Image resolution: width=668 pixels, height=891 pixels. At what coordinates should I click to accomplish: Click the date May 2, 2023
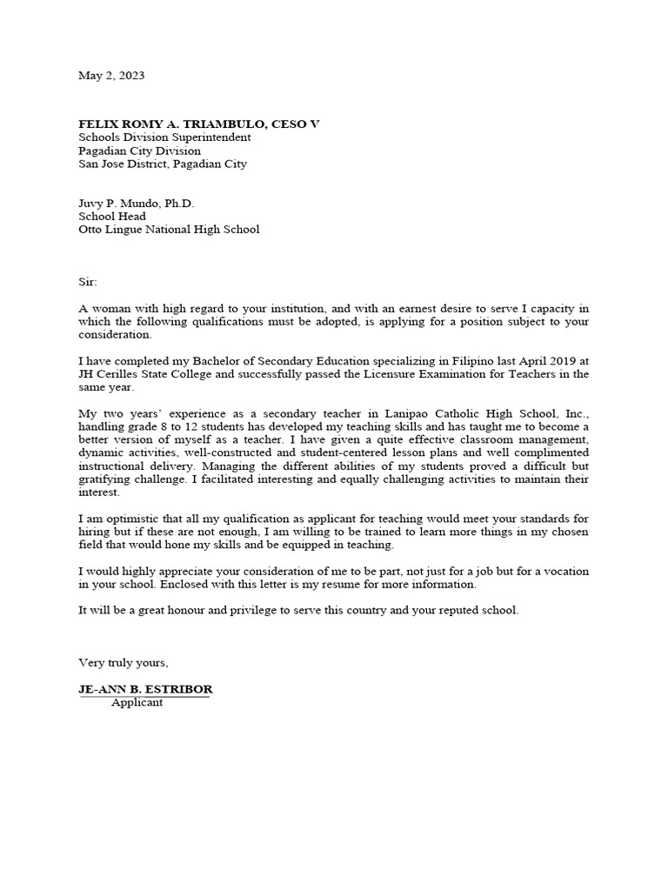coord(111,76)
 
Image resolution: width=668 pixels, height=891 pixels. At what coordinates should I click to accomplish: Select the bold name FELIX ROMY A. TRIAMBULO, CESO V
coord(199,124)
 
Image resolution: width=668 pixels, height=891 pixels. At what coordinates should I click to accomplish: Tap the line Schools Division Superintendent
coord(164,137)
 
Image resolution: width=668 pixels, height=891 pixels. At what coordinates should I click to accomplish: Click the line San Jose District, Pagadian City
coord(163,164)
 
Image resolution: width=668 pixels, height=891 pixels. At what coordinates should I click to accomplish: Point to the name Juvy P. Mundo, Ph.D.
coord(137,204)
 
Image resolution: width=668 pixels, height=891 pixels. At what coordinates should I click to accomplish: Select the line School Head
coord(112,217)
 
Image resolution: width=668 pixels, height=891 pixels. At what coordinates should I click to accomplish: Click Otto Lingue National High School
coord(169,230)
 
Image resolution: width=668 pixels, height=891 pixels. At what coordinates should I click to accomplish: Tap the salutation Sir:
coord(89,282)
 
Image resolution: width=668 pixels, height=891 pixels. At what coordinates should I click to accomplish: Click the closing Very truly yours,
coord(124,663)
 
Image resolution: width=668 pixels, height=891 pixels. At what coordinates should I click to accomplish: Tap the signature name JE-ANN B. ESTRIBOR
coord(145,689)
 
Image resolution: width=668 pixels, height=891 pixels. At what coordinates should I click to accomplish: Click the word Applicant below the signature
coord(137,702)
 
